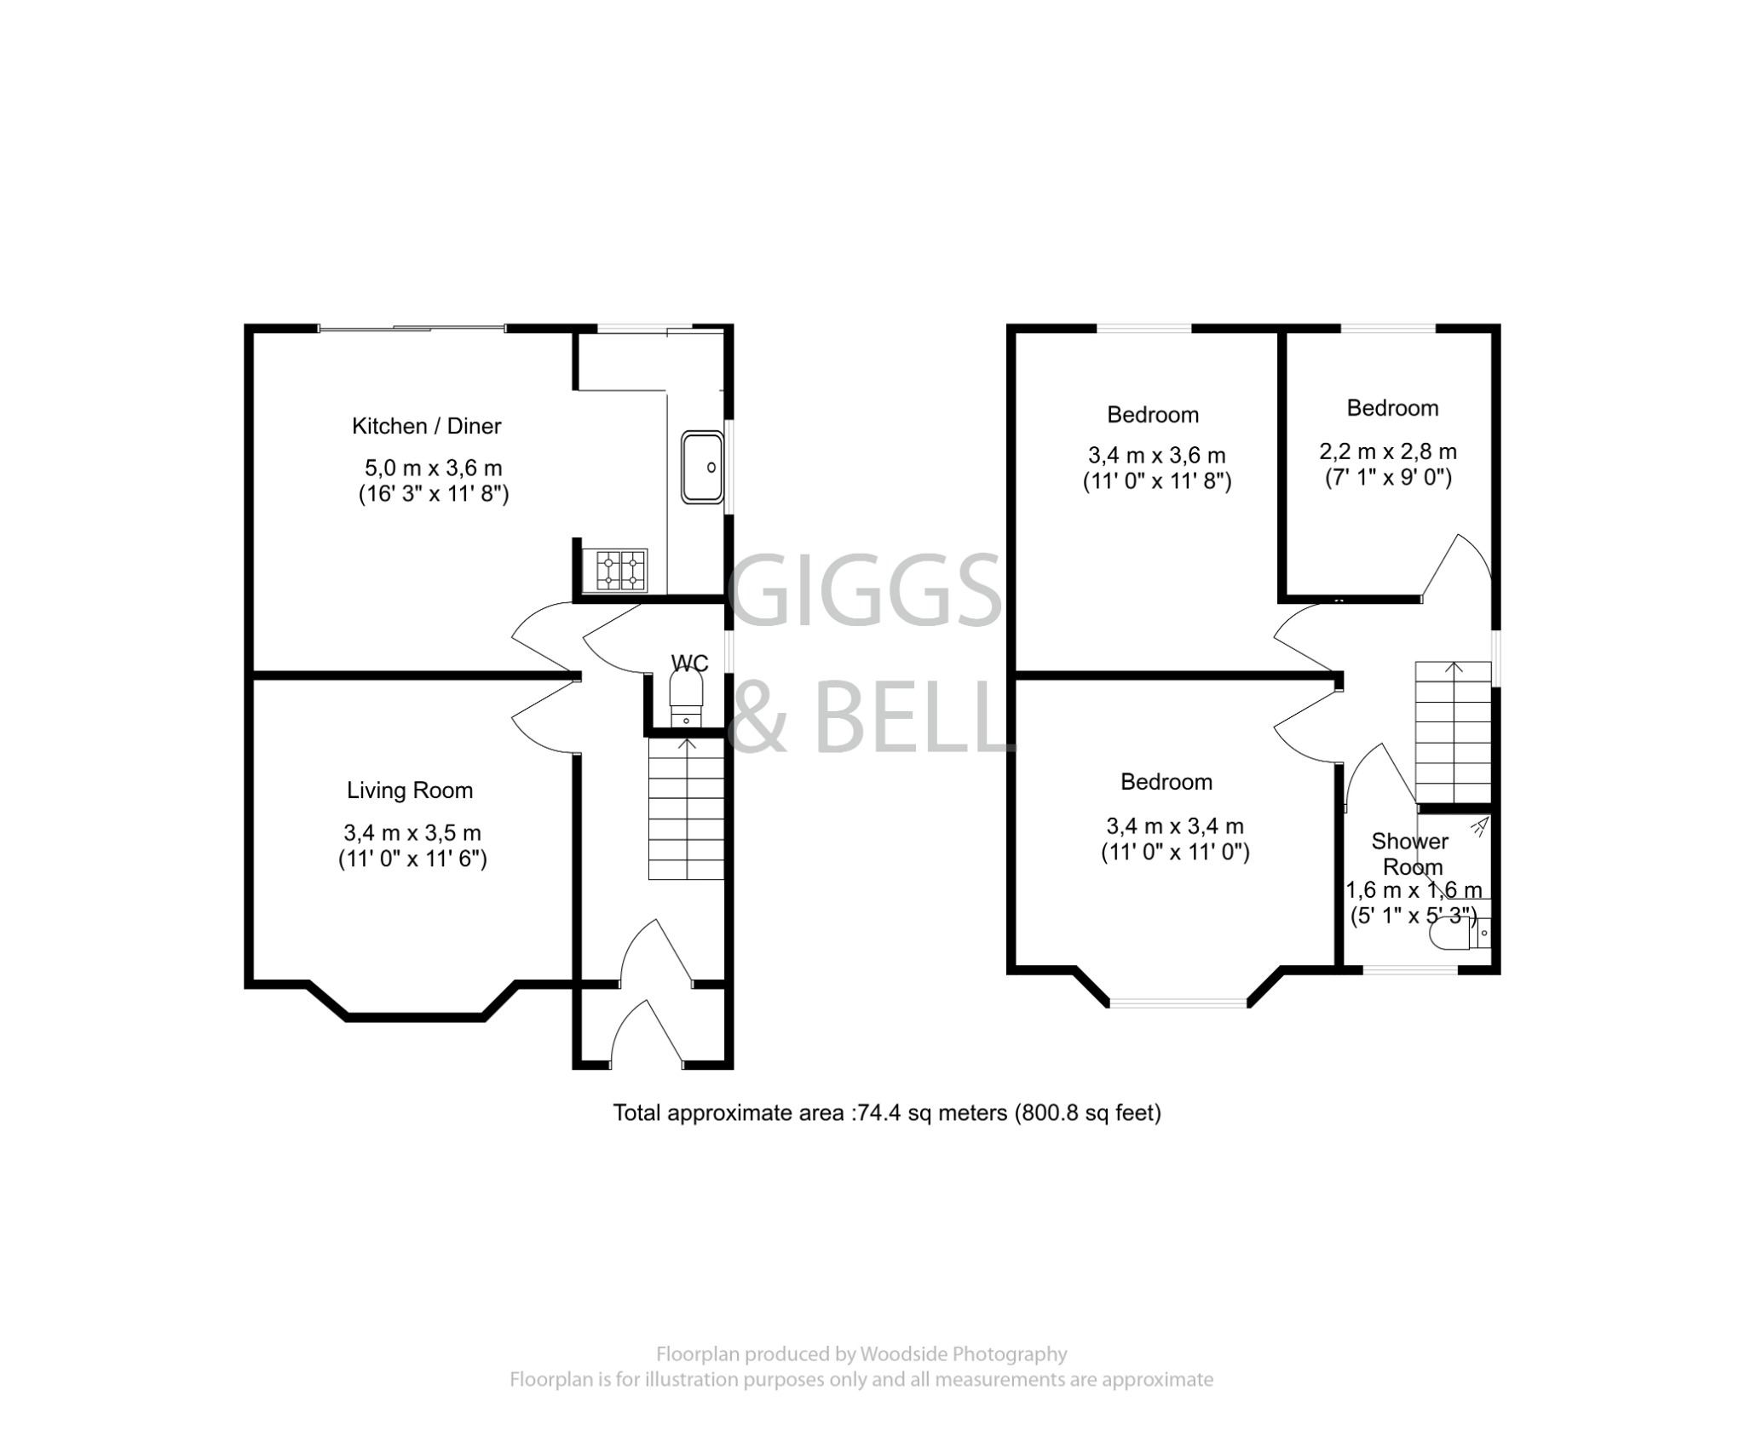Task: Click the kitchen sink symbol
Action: coord(702,467)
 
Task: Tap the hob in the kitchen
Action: coord(621,570)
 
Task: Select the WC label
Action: coord(689,663)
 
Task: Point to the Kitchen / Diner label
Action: coord(426,426)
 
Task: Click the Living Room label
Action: coord(409,790)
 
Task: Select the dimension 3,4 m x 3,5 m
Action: coord(412,832)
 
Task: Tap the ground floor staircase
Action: coord(686,809)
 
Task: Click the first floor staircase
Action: coord(1453,733)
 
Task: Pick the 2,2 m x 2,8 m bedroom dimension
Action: coord(1388,451)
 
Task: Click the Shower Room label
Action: coord(1410,853)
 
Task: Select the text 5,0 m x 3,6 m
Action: coord(433,468)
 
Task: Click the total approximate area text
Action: coord(887,1112)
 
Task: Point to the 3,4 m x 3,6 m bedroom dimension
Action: coord(1156,455)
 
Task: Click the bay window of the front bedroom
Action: coord(1178,1003)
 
